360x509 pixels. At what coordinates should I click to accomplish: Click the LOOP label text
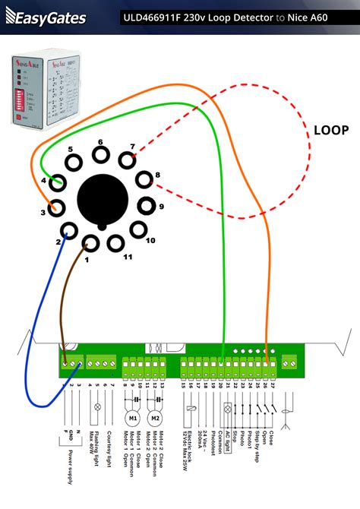331,130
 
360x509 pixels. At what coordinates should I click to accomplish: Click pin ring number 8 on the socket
144,181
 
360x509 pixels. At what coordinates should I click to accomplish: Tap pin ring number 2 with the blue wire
69,232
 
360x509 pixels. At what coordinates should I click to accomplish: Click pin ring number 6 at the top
98,155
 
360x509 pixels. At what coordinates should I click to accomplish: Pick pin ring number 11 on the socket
115,243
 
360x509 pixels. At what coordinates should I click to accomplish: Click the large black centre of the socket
103,199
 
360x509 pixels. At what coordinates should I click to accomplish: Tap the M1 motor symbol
131,419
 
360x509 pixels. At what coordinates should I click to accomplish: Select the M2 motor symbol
156,419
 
